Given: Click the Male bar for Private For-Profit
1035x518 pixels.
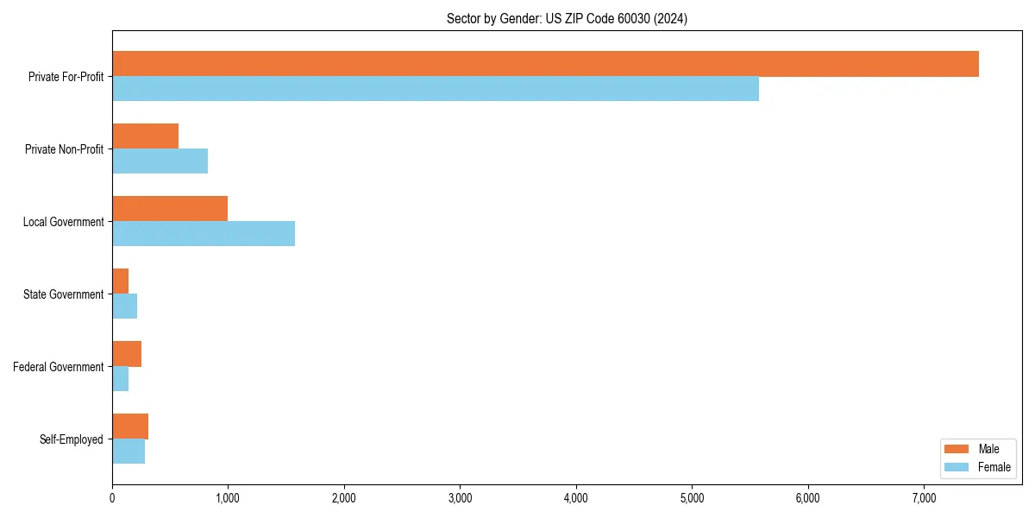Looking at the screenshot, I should pyautogui.click(x=545, y=64).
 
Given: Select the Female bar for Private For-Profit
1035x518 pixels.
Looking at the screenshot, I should pyautogui.click(x=436, y=89).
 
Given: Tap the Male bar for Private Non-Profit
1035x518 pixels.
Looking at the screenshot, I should pyautogui.click(x=146, y=136).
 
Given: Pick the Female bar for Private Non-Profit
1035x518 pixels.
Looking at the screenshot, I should pyautogui.click(x=160, y=161).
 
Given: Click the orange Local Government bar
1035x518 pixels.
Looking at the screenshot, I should pyautogui.click(x=170, y=209).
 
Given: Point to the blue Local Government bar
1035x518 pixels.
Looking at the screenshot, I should pyautogui.click(x=204, y=234).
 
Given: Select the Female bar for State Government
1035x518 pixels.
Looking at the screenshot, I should pyautogui.click(x=125, y=306).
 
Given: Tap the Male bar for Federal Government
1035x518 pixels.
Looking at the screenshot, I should pyautogui.click(x=127, y=354).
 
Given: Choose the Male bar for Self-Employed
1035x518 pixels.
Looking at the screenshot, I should pyautogui.click(x=130, y=426).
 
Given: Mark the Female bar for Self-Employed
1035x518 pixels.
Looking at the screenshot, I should pyautogui.click(x=129, y=452).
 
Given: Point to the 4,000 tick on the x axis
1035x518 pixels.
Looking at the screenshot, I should pyautogui.click(x=575, y=497).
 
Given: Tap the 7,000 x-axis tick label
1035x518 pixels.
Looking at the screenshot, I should pyautogui.click(x=923, y=497).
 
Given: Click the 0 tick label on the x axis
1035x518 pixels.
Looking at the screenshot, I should pyautogui.click(x=112, y=497).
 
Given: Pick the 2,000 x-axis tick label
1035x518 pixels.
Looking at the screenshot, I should pyautogui.click(x=344, y=497).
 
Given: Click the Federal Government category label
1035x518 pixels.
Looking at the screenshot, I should pyautogui.click(x=59, y=367).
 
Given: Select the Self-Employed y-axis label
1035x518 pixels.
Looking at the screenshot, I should pyautogui.click(x=72, y=439).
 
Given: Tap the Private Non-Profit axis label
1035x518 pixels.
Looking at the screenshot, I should pyautogui.click(x=64, y=149).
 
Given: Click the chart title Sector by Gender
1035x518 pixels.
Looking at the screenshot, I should pyautogui.click(x=567, y=18).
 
